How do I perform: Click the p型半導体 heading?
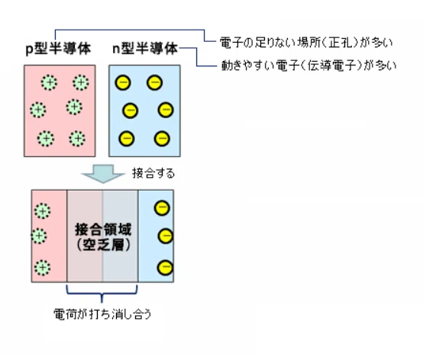coord(58,49)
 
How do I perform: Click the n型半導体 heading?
coord(145,49)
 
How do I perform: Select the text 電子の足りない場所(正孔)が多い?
coord(306,42)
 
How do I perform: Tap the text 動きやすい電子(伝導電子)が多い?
coord(308,65)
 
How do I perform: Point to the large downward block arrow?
coord(103,174)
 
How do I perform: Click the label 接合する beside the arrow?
coord(153,173)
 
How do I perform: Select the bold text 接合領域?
coord(103,230)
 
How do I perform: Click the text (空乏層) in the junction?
coord(103,245)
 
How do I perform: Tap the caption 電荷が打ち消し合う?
coord(102,314)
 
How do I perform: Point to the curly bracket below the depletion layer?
coord(102,294)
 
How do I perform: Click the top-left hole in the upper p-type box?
coord(49,82)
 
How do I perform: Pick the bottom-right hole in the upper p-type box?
coord(77,139)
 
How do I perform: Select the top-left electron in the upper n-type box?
coord(123,82)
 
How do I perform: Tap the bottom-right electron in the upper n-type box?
coord(162,139)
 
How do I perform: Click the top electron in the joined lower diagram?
coord(162,208)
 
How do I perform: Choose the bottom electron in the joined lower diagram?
coord(165,268)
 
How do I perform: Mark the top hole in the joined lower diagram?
coord(42,211)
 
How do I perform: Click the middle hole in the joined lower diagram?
coord(39,236)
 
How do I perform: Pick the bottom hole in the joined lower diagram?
coord(42,268)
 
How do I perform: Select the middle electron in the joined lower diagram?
coord(166,236)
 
